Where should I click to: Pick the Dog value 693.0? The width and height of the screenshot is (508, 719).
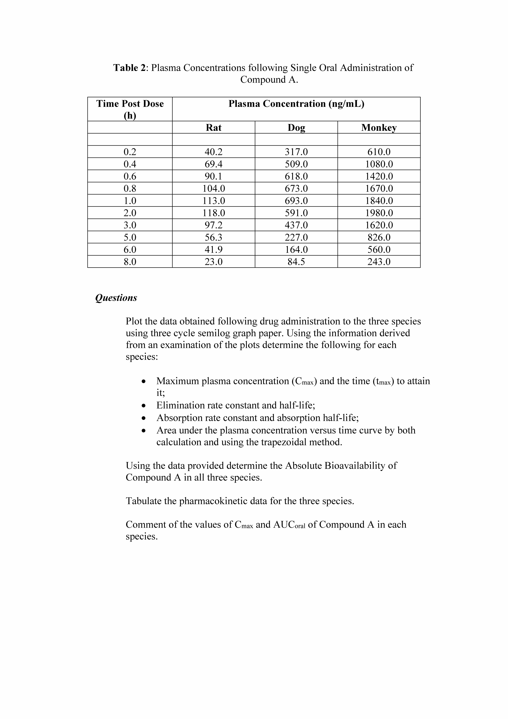point(296,201)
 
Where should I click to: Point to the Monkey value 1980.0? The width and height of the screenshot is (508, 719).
point(379,213)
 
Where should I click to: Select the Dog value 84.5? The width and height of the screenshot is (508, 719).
point(296,262)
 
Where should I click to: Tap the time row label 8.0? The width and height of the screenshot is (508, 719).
point(130,262)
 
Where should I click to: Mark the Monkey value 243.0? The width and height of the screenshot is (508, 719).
point(379,262)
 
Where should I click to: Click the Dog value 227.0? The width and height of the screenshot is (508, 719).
point(296,237)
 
